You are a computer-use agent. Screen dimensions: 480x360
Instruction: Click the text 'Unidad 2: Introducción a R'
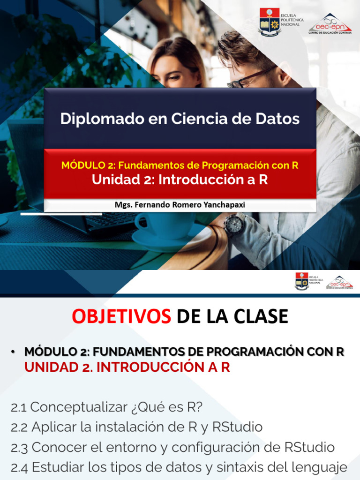tap(180, 180)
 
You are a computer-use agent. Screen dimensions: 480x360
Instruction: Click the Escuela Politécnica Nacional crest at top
tap(269, 22)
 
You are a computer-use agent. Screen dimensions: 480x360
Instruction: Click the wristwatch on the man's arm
tap(234, 225)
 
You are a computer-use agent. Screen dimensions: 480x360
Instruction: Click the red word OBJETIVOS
tap(121, 317)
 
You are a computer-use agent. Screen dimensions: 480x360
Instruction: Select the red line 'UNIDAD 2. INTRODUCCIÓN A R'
tap(127, 367)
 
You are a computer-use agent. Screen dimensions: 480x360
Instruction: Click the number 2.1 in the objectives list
tap(19, 407)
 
